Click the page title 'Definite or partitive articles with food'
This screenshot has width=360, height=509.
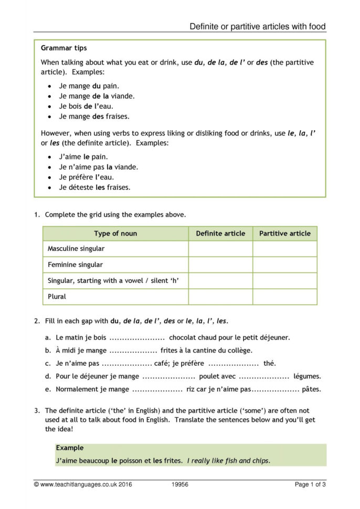[x=258, y=26]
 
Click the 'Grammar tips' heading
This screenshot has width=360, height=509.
[x=64, y=48]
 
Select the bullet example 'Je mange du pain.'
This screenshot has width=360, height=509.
[x=89, y=86]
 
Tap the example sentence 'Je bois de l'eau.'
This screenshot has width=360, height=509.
[x=86, y=107]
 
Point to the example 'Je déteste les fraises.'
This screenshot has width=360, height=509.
[x=94, y=187]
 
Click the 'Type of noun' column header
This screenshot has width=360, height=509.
[x=115, y=234]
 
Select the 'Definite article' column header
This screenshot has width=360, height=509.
[x=220, y=234]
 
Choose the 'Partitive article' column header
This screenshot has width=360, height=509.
[x=284, y=234]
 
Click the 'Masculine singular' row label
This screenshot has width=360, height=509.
[x=76, y=249]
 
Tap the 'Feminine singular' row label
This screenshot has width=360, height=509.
[x=75, y=265]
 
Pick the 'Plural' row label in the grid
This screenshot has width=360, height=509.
[x=57, y=296]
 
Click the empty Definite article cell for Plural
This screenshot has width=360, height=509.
[x=220, y=296]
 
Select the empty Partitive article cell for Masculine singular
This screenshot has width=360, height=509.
[x=284, y=249]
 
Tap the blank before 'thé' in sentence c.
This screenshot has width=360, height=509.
[x=233, y=364]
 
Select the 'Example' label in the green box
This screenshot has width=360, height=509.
[x=69, y=448]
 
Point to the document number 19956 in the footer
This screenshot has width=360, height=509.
[x=181, y=484]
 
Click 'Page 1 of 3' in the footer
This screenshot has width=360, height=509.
[x=310, y=484]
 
